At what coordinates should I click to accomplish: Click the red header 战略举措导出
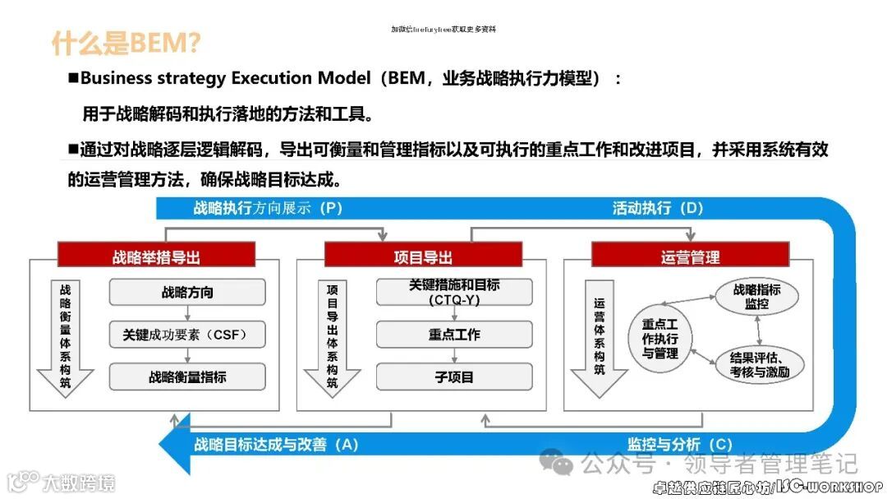click(x=156, y=256)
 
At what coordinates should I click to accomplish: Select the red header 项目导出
click(x=423, y=256)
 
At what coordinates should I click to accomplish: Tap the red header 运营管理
click(x=690, y=256)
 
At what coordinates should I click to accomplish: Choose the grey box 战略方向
click(x=187, y=293)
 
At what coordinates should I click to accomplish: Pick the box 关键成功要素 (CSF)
click(x=187, y=335)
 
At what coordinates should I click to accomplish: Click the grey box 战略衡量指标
click(x=187, y=377)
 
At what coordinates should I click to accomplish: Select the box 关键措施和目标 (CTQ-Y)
click(x=454, y=292)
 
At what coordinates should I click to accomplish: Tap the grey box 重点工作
click(x=454, y=335)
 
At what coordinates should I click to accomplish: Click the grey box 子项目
click(x=454, y=377)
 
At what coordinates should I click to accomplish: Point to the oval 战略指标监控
click(x=756, y=296)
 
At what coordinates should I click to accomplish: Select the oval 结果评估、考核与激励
click(x=755, y=363)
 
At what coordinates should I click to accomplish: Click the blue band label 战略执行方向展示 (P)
click(x=268, y=208)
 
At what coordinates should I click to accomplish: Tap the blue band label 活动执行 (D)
click(x=658, y=208)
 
